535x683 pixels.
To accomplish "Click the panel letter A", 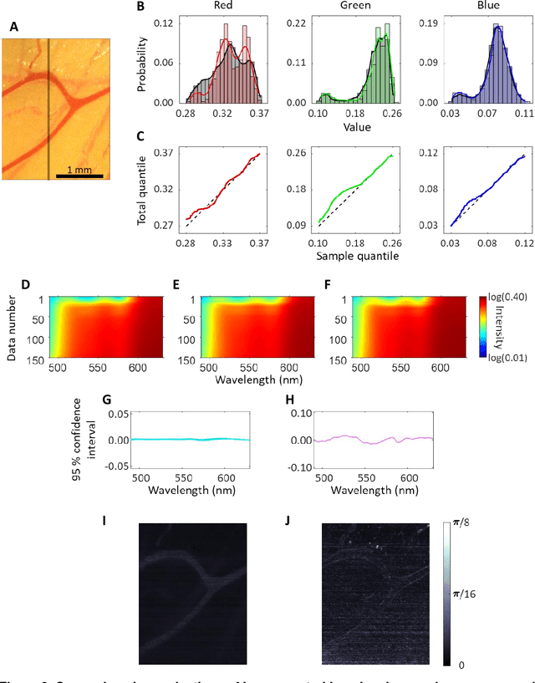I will tap(13, 27).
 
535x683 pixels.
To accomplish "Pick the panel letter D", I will tap(26, 284).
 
